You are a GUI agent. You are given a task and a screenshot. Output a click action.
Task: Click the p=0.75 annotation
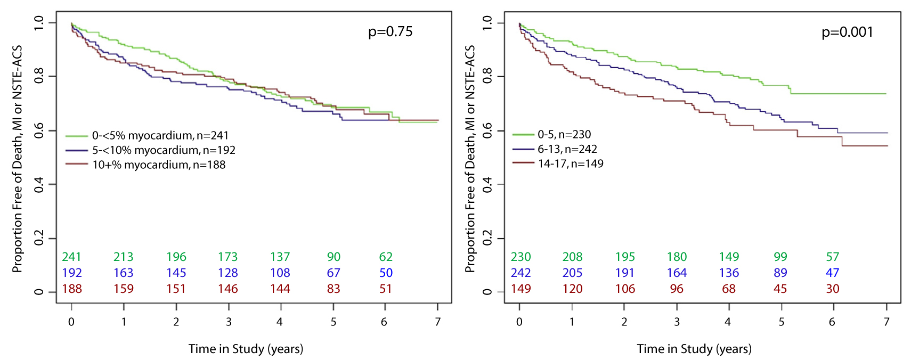coord(390,32)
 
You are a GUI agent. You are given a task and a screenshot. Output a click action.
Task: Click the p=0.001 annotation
coord(847,32)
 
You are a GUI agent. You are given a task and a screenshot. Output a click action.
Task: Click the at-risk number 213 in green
coord(123,257)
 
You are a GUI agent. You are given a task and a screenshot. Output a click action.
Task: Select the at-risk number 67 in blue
coord(334,273)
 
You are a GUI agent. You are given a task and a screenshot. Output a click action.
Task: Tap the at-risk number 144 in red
coord(280,289)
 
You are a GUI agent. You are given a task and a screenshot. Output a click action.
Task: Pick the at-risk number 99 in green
coord(780,257)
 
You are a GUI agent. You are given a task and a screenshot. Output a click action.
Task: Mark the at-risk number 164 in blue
coord(677,273)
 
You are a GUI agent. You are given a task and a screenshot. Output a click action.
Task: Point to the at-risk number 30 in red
coord(832,289)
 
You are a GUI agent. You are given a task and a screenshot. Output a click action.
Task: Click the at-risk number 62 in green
coord(386,257)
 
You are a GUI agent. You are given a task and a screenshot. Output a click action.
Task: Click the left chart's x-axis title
coord(246,349)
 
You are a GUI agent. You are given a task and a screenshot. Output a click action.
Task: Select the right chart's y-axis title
coord(470,159)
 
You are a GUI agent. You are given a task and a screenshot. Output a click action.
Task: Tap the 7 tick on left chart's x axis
coord(438,322)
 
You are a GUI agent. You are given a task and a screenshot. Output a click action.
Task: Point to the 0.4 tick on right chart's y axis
coord(487,185)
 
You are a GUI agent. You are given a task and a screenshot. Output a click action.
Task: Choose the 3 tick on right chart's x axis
coord(677,322)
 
